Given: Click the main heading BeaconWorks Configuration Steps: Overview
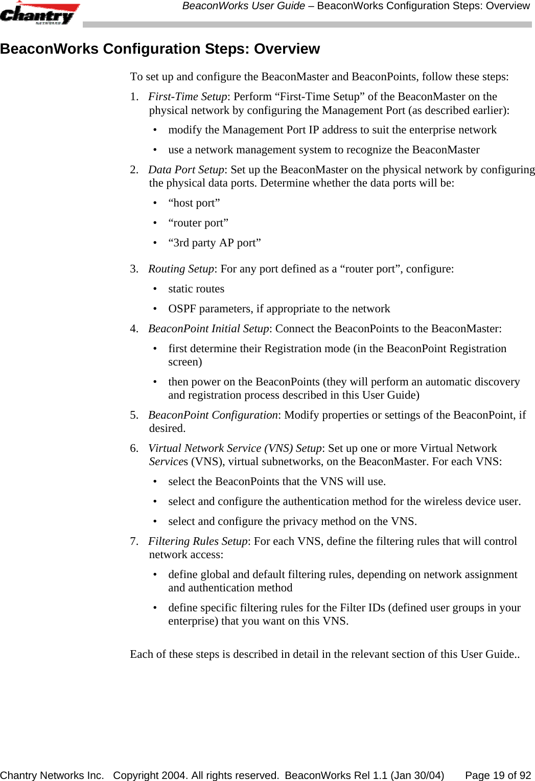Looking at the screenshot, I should tap(160, 49).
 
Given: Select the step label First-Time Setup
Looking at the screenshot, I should tap(187, 97).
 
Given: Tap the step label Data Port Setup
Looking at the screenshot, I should tap(186, 170).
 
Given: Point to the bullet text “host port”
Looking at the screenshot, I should tap(194, 203).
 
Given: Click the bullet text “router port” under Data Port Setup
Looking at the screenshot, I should tap(198, 223).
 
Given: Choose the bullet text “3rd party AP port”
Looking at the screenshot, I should tap(215, 243).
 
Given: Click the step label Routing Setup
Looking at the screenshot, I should tap(181, 269).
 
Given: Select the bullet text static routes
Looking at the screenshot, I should tap(196, 289).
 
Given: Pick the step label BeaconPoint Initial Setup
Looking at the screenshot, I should tap(208, 329).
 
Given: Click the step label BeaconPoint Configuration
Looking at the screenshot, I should tap(213, 415).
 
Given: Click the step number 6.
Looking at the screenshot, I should tap(134, 448).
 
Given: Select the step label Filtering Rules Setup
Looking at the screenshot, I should tap(198, 541).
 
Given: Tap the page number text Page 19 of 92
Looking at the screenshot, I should tap(498, 775).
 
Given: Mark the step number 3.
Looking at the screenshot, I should tap(134, 269).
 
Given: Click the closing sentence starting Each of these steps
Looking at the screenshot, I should tap(324, 654).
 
